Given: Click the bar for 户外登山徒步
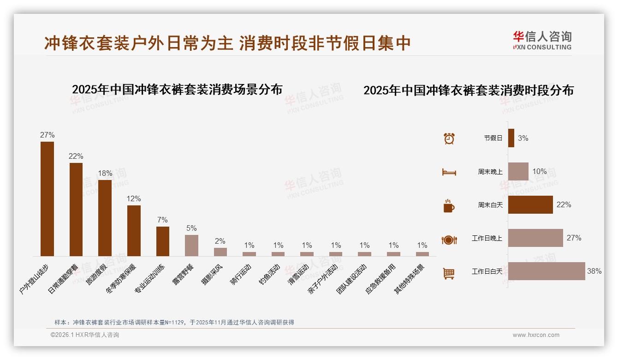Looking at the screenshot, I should pyautogui.click(x=47, y=198).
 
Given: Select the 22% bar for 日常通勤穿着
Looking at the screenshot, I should pyautogui.click(x=76, y=209).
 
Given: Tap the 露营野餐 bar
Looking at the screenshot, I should pyautogui.click(x=191, y=245).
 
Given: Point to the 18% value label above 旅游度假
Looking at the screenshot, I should pyautogui.click(x=105, y=174).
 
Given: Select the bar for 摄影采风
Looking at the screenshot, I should pyautogui.click(x=220, y=252).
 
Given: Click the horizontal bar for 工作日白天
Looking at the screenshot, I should pyautogui.click(x=547, y=271).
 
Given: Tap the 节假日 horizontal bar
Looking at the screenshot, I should pyautogui.click(x=511, y=138).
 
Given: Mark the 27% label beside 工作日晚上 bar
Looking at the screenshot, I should pyautogui.click(x=574, y=238).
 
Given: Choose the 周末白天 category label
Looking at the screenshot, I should pyautogui.click(x=490, y=205).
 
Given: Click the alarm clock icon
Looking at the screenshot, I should pyautogui.click(x=449, y=138).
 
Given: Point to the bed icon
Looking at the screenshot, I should pyautogui.click(x=449, y=172).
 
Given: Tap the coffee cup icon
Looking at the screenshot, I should pyautogui.click(x=449, y=206).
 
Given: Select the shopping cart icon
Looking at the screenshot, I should pyautogui.click(x=449, y=273).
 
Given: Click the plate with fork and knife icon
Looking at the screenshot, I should pyautogui.click(x=449, y=240).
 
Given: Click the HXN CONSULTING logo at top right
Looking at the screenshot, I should pyautogui.click(x=542, y=41).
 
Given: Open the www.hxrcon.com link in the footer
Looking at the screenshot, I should pyautogui.click(x=536, y=335).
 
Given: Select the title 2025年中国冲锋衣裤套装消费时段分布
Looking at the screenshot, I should pyautogui.click(x=469, y=90).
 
